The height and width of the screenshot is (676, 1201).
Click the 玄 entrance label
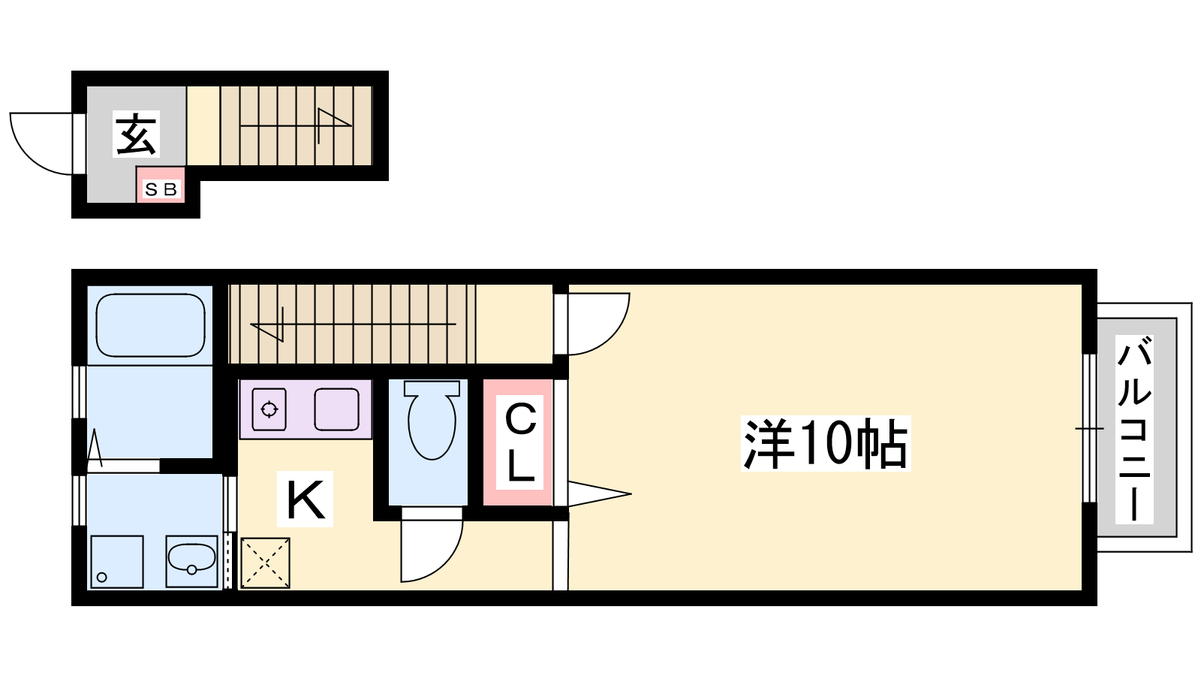tap(136, 134)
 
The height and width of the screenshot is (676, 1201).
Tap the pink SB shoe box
tap(161, 185)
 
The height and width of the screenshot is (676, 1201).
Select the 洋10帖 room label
tap(826, 444)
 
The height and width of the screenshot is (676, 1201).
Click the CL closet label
tap(520, 442)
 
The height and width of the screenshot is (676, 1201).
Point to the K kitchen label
tap(305, 499)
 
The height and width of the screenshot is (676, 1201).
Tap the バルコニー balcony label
tap(1134, 429)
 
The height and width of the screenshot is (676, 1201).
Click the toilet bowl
tap(432, 420)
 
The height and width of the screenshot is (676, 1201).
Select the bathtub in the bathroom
tap(150, 325)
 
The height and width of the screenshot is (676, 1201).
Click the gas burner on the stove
tap(269, 410)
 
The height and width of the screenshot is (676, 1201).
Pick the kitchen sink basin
tap(337, 409)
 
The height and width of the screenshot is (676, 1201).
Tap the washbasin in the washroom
tap(191, 560)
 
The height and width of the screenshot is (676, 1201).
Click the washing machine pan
tap(117, 562)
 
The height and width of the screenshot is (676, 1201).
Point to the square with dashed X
tap(266, 563)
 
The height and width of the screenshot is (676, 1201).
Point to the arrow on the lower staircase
tap(354, 324)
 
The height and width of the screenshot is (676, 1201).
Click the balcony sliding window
tap(1089, 428)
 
